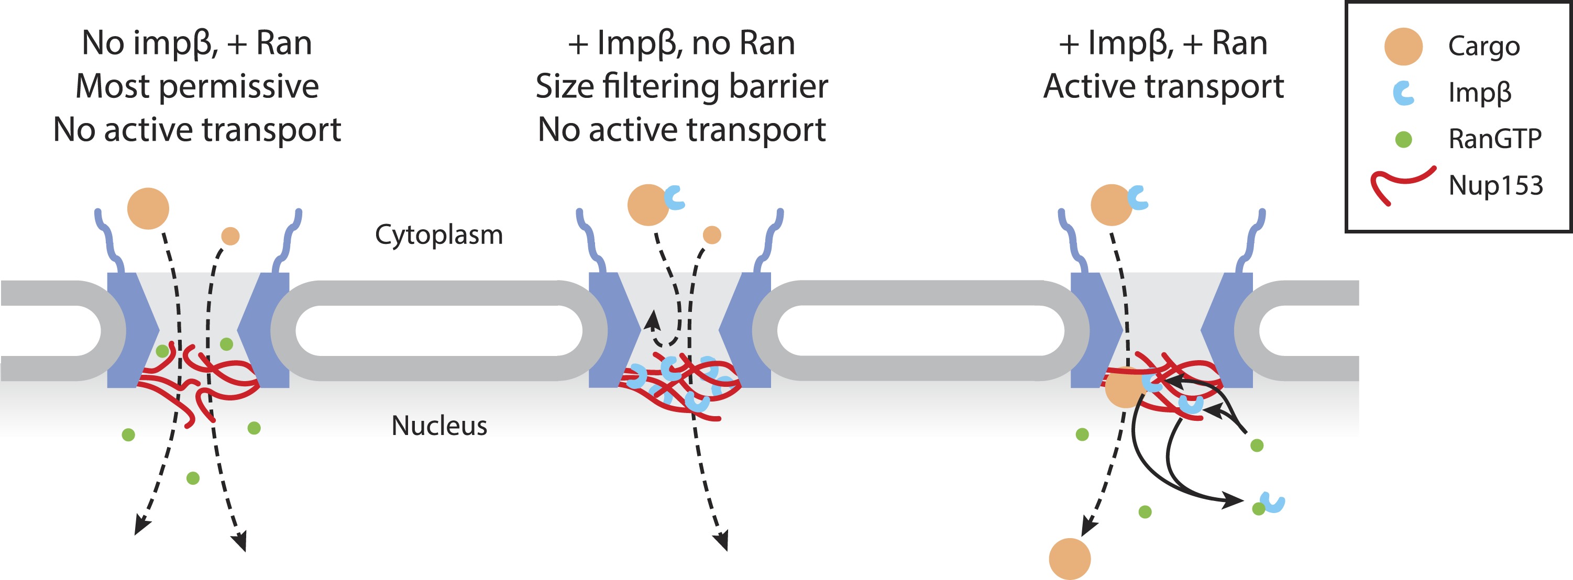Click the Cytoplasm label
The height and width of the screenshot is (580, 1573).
tap(438, 235)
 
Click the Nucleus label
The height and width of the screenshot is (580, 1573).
tap(439, 426)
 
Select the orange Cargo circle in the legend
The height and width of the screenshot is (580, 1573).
tap(1403, 47)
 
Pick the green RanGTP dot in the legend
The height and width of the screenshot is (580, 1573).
tap(1404, 140)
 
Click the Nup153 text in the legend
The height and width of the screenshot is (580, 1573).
tap(1495, 185)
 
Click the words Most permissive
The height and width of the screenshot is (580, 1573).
tap(196, 86)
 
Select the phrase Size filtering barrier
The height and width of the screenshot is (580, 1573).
tap(681, 86)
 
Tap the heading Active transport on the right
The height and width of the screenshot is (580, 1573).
tap(1163, 86)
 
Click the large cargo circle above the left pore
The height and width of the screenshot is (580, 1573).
tap(148, 209)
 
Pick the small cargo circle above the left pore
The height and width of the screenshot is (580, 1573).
tap(230, 236)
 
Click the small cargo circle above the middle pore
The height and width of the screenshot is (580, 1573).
tap(712, 235)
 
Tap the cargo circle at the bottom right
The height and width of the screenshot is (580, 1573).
tap(1070, 558)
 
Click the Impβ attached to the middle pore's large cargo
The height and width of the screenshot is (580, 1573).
tap(675, 197)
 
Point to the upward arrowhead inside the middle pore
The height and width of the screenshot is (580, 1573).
tap(653, 319)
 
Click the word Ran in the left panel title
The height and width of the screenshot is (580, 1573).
tap(284, 43)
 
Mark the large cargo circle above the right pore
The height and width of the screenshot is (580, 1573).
tap(1112, 205)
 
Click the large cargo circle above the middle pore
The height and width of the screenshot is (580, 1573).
tap(648, 205)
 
